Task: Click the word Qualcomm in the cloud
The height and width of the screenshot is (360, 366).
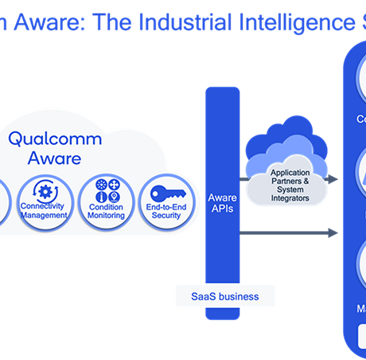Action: click(55, 139)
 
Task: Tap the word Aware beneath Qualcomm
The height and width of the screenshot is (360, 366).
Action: click(55, 158)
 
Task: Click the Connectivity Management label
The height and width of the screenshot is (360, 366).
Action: click(44, 211)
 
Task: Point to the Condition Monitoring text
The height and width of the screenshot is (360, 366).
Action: click(106, 211)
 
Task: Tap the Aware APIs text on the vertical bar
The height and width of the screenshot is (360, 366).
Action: click(222, 203)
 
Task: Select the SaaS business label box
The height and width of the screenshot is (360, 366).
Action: click(224, 296)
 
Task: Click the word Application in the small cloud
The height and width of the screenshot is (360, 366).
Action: click(290, 172)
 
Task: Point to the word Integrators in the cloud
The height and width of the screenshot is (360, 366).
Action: click(290, 197)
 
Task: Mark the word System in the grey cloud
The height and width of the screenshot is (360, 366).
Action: click(290, 189)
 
